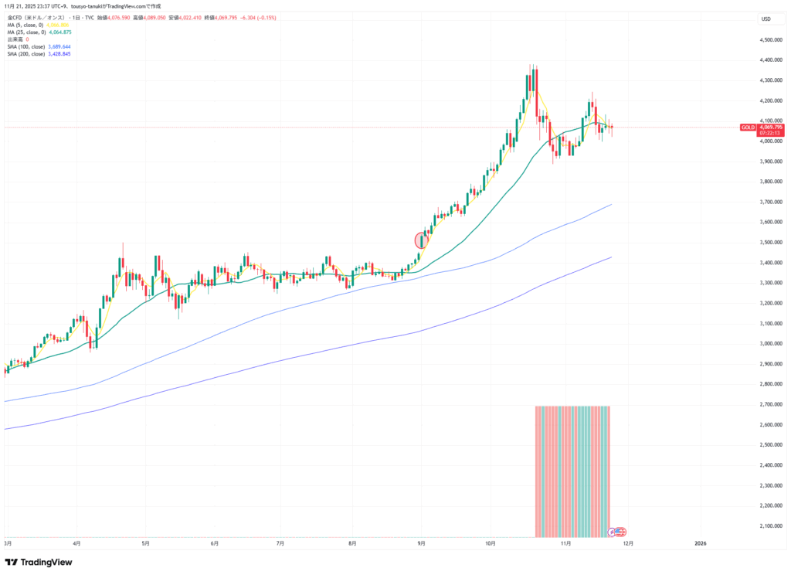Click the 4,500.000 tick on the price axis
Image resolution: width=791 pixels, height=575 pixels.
[772, 39]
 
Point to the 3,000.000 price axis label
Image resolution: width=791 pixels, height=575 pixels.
[772, 344]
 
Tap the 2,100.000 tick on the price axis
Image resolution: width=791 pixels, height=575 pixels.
[772, 526]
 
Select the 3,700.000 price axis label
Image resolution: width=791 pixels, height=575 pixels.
[772, 202]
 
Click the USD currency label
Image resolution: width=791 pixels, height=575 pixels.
[766, 19]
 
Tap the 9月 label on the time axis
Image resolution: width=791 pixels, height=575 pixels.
[422, 543]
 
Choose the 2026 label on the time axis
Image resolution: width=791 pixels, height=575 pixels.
[701, 543]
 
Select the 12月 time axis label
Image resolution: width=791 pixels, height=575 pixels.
[629, 543]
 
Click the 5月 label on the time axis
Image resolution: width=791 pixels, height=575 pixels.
[145, 543]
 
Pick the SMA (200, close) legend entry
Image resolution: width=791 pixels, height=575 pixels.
[38, 54]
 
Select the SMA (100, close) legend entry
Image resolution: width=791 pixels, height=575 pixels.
[38, 46]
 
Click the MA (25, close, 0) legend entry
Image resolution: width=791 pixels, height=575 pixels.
[36, 32]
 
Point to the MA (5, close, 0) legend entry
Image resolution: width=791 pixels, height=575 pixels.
[35, 25]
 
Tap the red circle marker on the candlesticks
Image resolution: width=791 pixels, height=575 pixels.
[422, 240]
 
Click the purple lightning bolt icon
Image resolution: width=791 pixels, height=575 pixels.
[612, 532]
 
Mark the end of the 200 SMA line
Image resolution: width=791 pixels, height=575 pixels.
[612, 257]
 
